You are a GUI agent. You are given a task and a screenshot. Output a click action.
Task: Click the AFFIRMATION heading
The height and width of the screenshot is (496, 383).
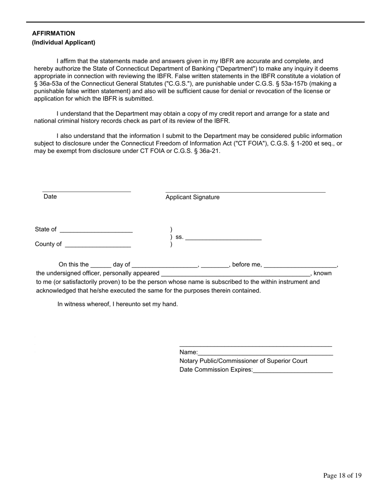tap(54, 33)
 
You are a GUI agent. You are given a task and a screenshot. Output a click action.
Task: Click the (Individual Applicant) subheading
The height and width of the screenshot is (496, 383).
tap(64, 42)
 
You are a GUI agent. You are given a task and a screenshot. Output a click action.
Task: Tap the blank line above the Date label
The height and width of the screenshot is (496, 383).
tap(87, 191)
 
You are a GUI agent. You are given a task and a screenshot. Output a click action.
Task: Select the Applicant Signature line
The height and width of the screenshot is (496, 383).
tap(245, 192)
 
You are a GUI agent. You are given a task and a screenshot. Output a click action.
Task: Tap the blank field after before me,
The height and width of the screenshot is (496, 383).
tap(300, 266)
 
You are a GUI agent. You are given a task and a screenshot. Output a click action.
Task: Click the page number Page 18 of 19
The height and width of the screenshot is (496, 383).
tap(342, 476)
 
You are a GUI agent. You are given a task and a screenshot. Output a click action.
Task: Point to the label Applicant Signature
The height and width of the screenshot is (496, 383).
tap(193, 197)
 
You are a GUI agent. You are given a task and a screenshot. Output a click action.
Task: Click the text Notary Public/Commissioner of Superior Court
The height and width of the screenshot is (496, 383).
tap(243, 361)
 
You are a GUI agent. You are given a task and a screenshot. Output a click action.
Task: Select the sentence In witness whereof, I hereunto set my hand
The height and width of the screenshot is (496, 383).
tap(118, 304)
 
